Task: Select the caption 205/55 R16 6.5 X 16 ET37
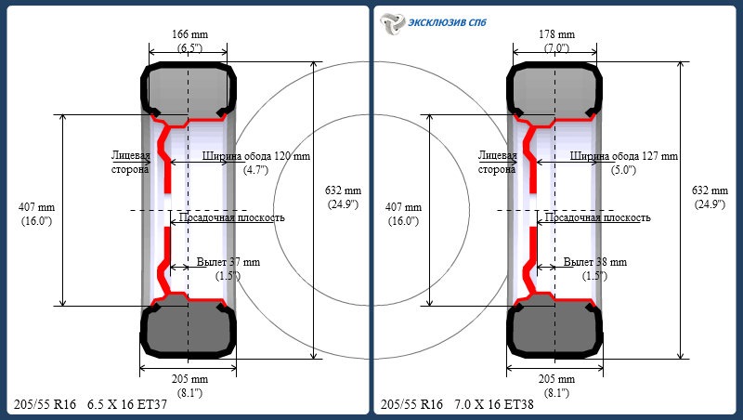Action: (90, 404)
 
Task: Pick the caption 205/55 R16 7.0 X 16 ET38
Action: (457, 404)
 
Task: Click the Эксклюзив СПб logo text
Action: (448, 22)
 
